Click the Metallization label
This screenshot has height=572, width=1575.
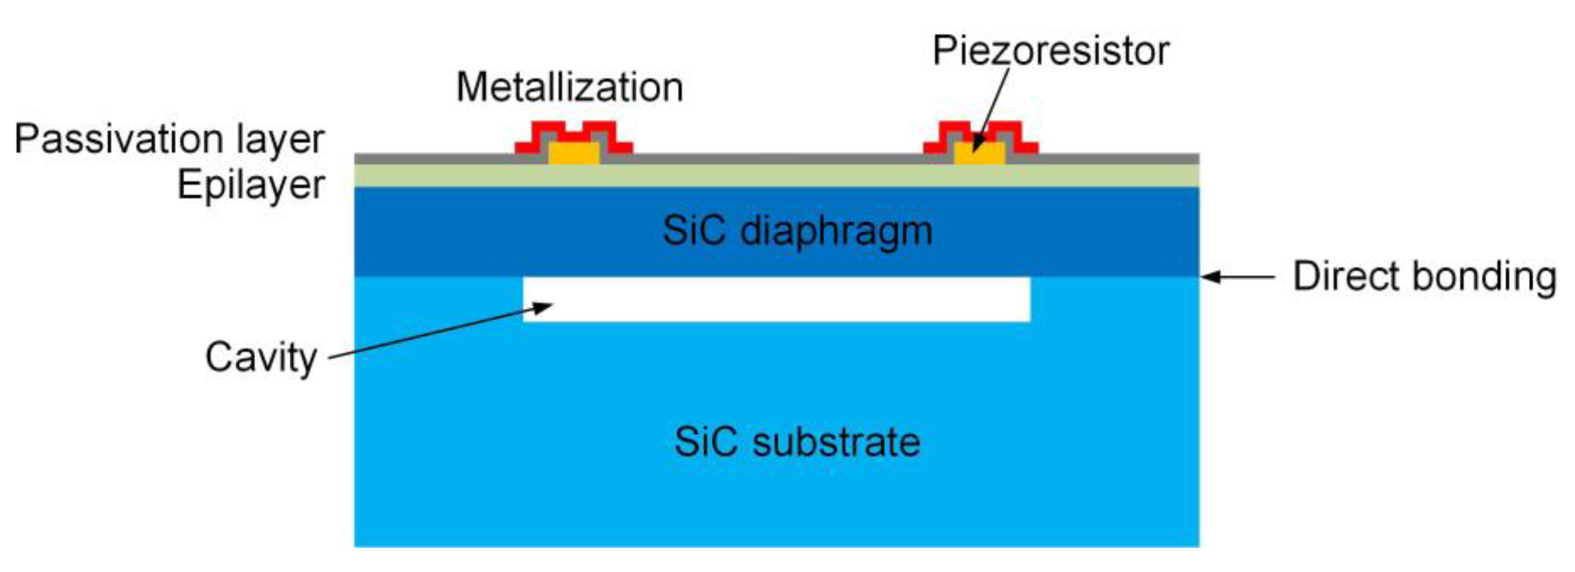(x=569, y=88)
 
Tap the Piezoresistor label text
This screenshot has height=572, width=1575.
(x=1051, y=50)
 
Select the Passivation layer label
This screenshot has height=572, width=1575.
(x=169, y=139)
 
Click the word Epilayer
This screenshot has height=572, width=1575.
(x=251, y=184)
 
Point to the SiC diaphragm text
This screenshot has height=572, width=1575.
(x=797, y=231)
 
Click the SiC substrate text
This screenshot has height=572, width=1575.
(x=797, y=442)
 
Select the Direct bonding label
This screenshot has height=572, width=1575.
(x=1424, y=277)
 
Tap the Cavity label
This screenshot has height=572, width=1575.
(x=261, y=357)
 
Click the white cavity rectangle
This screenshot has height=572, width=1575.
(x=776, y=299)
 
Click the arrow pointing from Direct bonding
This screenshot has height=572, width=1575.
(x=1238, y=277)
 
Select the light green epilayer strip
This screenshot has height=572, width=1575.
(x=776, y=176)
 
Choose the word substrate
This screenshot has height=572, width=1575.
(x=836, y=442)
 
